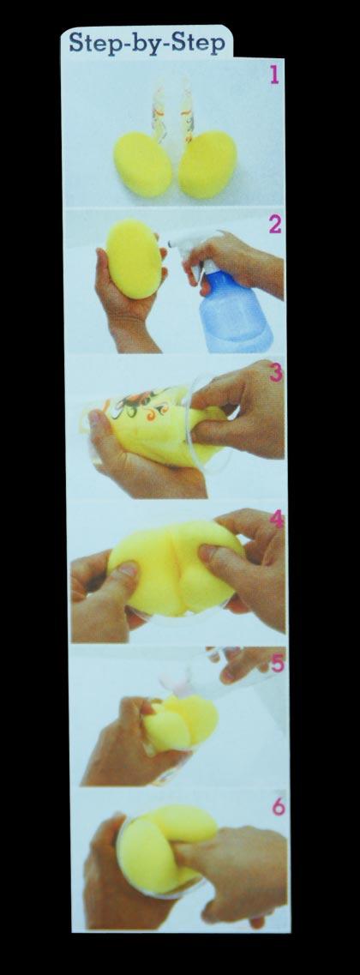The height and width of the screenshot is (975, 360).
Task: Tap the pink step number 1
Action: click(274, 75)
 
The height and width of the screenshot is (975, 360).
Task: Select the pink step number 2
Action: click(275, 224)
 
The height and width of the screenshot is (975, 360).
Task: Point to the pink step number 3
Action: click(276, 372)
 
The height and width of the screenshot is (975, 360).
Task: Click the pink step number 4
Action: click(278, 519)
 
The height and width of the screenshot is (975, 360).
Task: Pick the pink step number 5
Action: click(278, 663)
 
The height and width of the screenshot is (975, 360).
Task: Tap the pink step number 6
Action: click(279, 806)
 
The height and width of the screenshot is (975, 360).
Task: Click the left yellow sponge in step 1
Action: click(143, 164)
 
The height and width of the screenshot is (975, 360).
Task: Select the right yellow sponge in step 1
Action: click(207, 164)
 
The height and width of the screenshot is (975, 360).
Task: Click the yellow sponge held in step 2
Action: click(135, 258)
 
